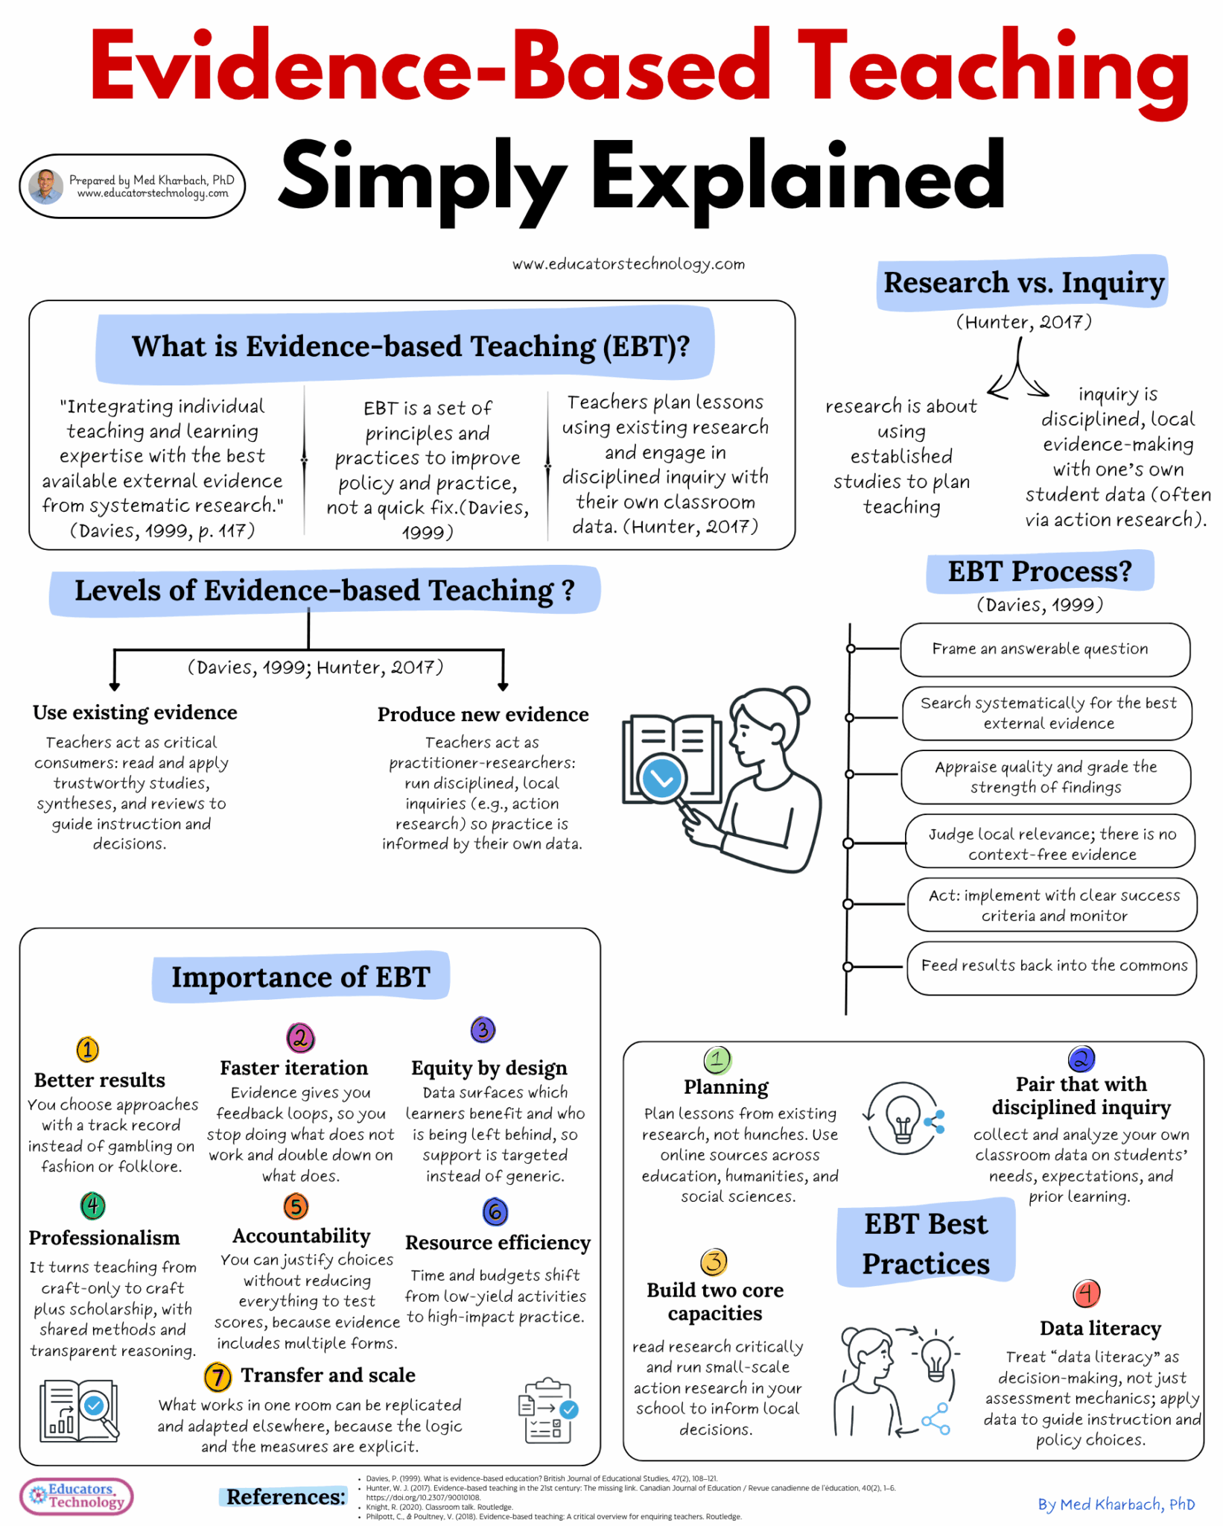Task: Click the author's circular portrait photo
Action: click(45, 186)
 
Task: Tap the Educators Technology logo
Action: click(77, 1495)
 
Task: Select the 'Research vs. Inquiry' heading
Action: click(1023, 283)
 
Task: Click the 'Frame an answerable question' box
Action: click(1044, 650)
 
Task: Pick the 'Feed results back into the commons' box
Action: click(1052, 966)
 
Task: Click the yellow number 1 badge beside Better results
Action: click(88, 1050)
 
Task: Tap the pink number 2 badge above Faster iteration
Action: click(300, 1037)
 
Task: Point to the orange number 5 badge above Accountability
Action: click(296, 1206)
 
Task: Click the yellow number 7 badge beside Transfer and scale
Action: click(217, 1377)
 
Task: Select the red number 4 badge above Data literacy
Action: click(1087, 1294)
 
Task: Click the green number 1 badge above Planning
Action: click(717, 1060)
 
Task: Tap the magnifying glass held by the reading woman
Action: click(662, 779)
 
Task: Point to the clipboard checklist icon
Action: click(548, 1411)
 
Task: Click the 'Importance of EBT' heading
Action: click(301, 977)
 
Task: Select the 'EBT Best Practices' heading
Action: click(926, 1244)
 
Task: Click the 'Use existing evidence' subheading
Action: click(135, 713)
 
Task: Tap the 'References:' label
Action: click(286, 1497)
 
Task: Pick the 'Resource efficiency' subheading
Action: click(498, 1243)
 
